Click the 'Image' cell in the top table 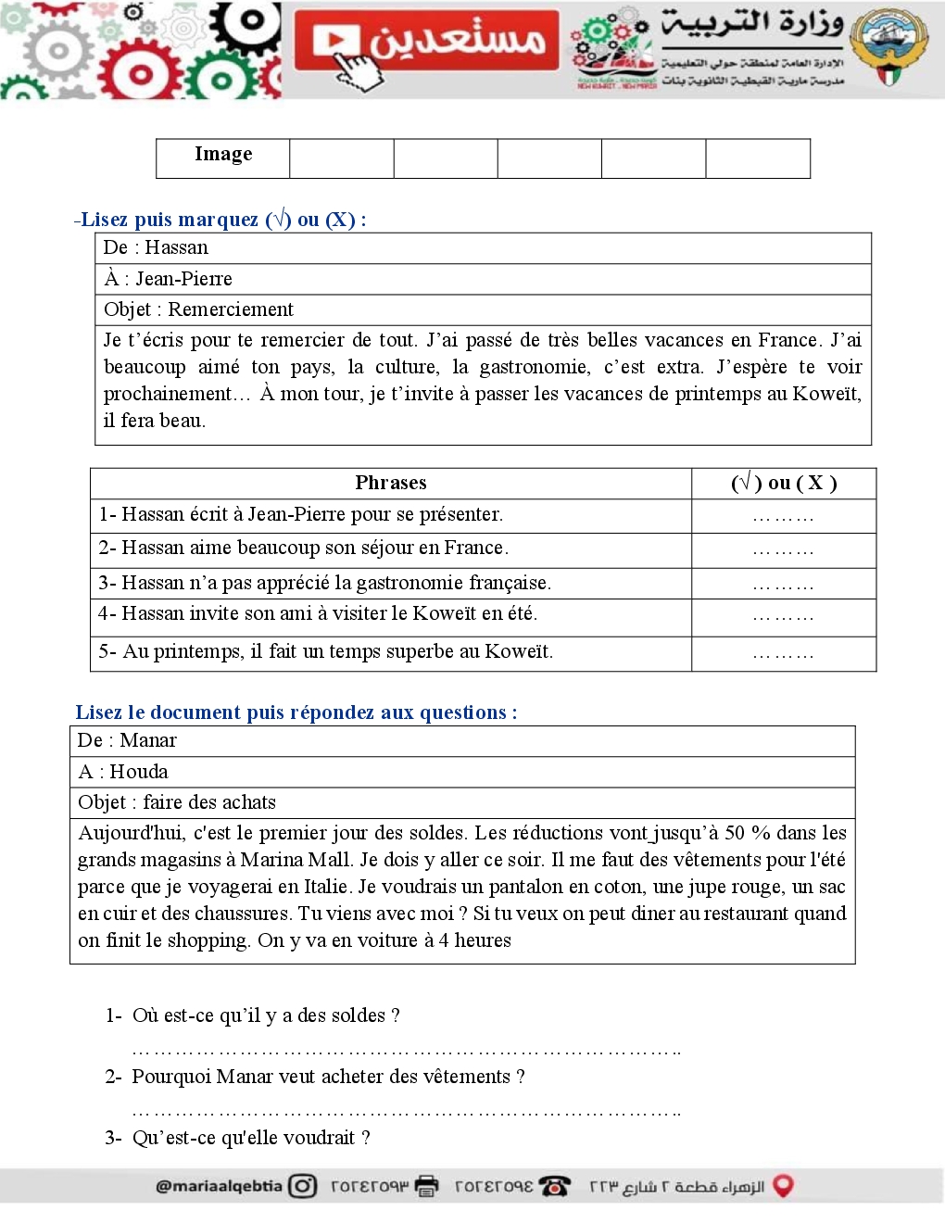click(x=223, y=155)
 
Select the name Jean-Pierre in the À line click(x=183, y=279)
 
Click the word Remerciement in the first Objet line click(x=231, y=309)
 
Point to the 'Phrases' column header click(x=391, y=483)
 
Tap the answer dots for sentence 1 click(x=783, y=517)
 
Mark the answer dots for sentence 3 click(x=783, y=586)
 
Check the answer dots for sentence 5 click(x=783, y=654)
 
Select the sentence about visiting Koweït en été click(x=318, y=613)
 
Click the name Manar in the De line click(x=148, y=740)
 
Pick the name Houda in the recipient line click(x=139, y=772)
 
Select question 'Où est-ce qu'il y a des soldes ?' click(x=266, y=1015)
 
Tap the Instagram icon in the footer click(x=302, y=1186)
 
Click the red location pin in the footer click(x=783, y=1186)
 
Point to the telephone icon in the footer click(x=554, y=1186)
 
